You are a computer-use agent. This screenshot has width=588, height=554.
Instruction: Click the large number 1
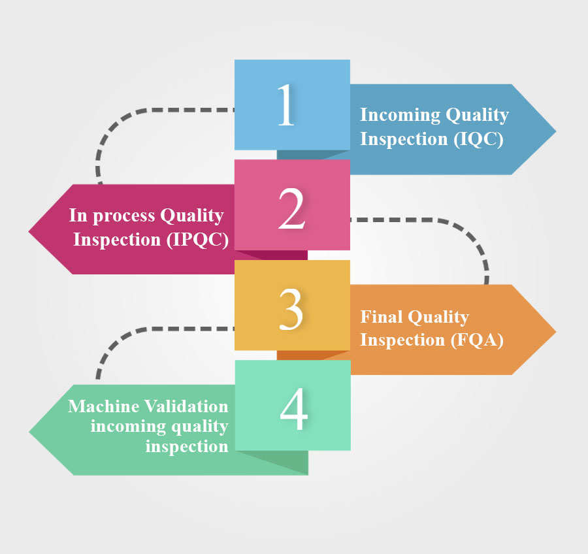(x=286, y=106)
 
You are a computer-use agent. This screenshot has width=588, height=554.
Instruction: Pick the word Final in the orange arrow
(x=382, y=318)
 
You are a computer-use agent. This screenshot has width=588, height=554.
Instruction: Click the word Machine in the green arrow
(x=104, y=406)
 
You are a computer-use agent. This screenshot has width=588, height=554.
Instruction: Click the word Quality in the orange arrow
(x=439, y=318)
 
